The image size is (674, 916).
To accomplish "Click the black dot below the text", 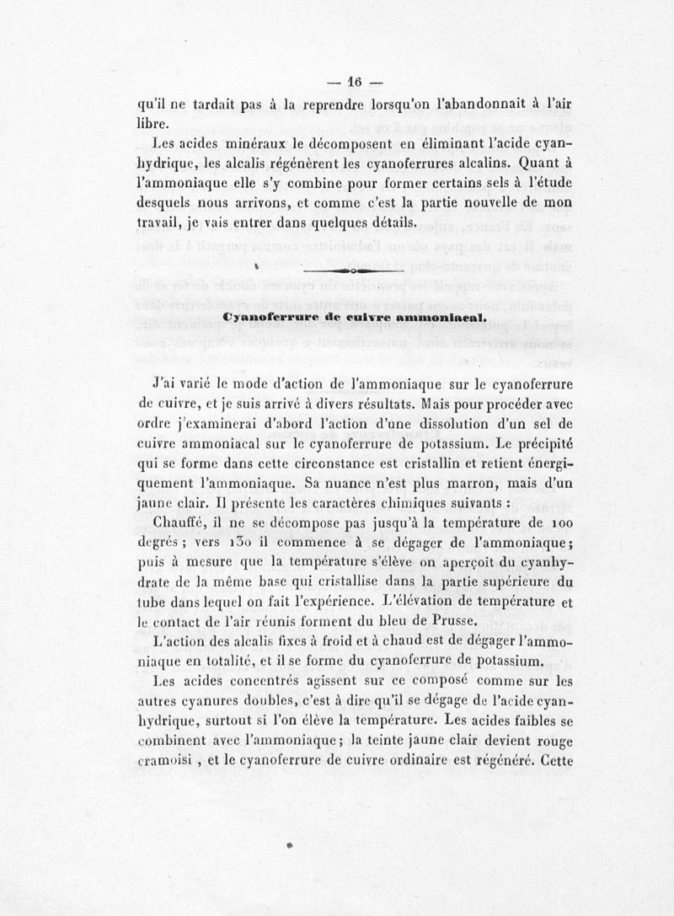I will point(289,842).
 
